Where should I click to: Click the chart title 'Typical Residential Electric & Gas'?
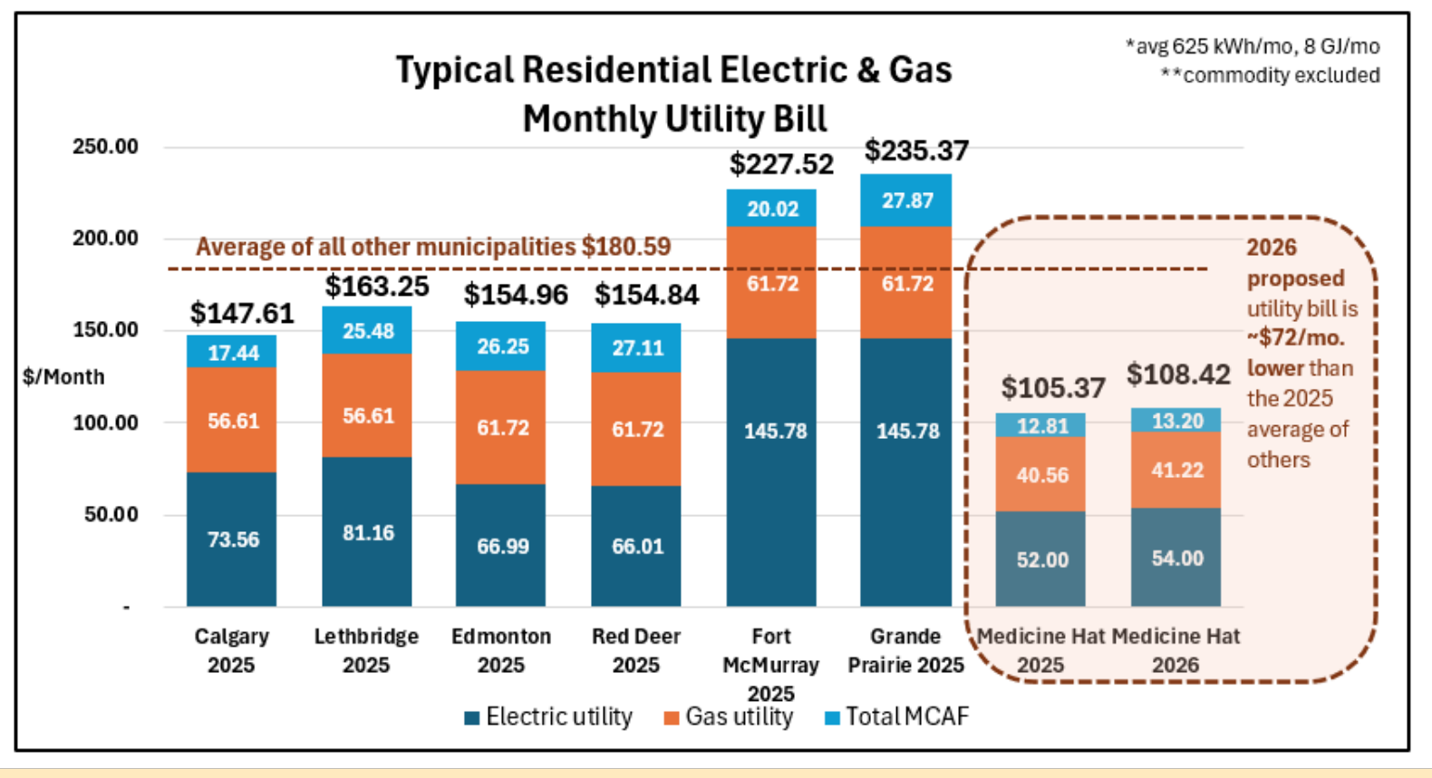673,71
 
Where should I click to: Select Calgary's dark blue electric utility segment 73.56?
232,539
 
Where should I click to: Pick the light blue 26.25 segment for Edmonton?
501,346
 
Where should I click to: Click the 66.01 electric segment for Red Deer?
636,546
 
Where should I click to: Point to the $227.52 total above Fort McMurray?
781,164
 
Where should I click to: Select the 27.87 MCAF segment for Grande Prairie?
906,200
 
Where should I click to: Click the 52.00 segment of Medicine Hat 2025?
1040,559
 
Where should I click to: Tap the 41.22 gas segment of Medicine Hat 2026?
1176,470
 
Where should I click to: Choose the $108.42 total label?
1178,374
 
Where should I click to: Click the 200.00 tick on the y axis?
105,238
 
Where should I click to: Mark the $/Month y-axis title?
63,376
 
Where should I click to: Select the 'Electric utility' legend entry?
549,717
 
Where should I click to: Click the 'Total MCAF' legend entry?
897,717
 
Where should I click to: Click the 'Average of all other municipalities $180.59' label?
433,247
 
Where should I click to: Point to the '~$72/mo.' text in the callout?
1295,338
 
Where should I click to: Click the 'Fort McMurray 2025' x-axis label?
770,665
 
